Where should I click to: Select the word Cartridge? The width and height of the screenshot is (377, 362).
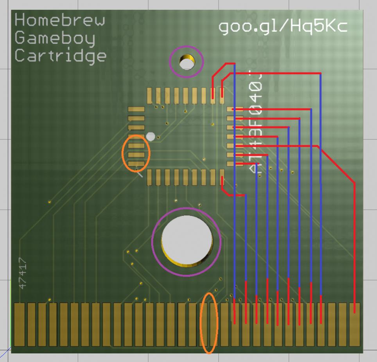coord(61,56)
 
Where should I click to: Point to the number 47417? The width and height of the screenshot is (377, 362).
coord(23,273)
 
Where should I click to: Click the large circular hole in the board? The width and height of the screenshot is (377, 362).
coord(187,239)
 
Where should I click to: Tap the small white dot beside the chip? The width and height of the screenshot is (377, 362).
coord(151,136)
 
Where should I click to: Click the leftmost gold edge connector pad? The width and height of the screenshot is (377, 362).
coord(19,324)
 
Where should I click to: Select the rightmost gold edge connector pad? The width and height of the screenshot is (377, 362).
coord(354,324)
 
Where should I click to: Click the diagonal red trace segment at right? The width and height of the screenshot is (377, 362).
coord(336,165)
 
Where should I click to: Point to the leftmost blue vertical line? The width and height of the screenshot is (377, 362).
coord(234,176)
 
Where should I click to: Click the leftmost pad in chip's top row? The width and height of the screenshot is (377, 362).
coord(149,95)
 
